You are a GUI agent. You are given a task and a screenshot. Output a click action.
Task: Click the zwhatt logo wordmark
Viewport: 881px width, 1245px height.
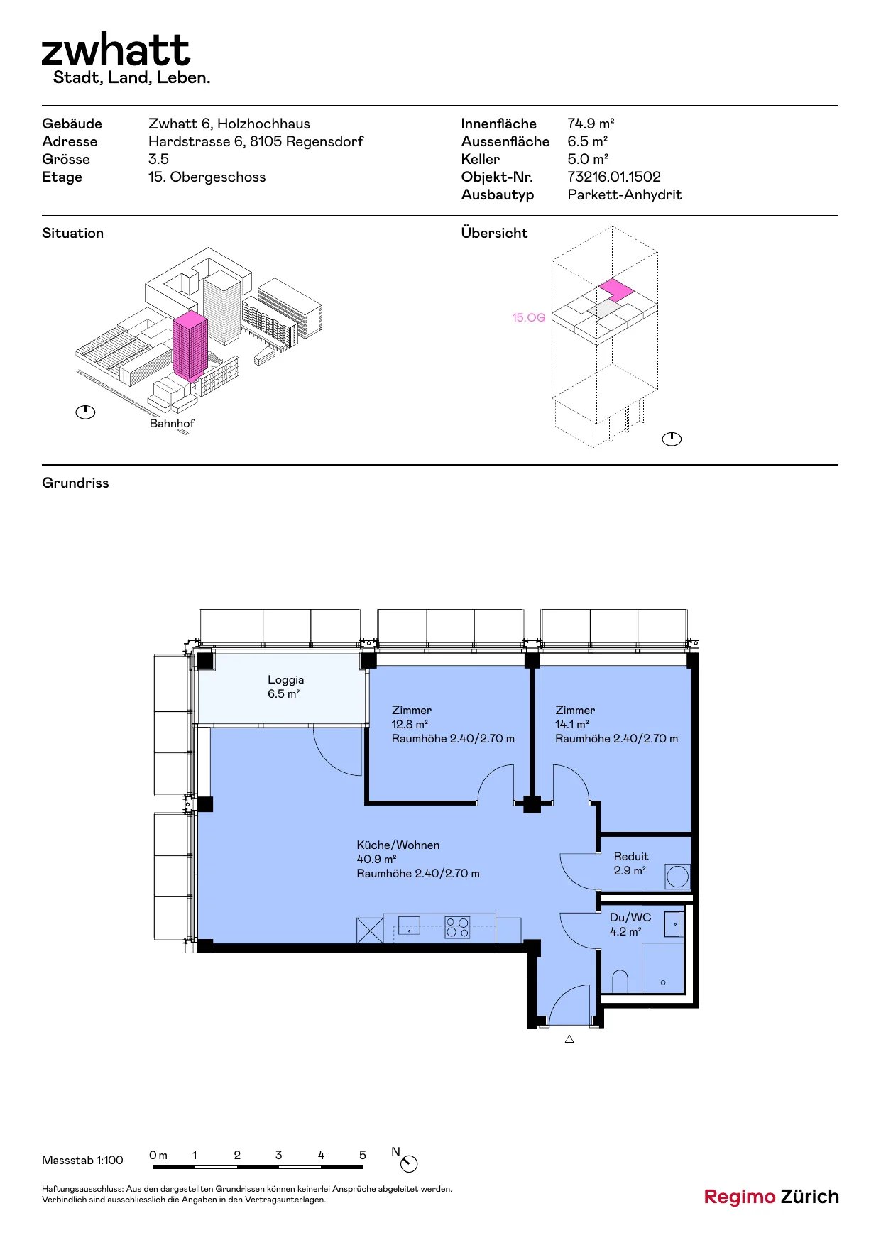[x=116, y=50]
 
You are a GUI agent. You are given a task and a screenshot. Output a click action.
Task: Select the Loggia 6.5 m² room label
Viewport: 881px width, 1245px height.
[x=285, y=686]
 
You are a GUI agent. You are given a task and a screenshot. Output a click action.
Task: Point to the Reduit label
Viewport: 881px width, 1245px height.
[x=631, y=856]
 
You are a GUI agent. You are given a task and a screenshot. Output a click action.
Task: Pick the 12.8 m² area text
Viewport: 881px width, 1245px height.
[x=410, y=724]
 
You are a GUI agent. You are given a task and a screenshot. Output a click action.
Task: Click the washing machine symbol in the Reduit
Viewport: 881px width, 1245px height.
[x=678, y=877]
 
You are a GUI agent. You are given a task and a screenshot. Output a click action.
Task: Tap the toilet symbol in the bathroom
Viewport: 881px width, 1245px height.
[x=620, y=982]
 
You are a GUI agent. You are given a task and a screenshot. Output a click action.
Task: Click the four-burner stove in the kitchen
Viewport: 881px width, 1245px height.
[x=457, y=927]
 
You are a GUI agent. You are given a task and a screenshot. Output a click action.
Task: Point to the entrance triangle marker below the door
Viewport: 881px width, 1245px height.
[x=569, y=1039]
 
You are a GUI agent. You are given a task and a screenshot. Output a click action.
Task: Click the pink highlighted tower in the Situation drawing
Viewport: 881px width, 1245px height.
[x=190, y=346]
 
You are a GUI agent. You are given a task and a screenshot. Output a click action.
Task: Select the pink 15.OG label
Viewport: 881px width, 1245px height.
[x=529, y=317]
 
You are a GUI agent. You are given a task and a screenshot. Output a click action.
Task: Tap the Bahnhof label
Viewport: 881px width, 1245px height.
[x=172, y=423]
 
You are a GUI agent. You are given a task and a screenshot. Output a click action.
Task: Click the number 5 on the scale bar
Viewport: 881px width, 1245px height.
[x=362, y=1155]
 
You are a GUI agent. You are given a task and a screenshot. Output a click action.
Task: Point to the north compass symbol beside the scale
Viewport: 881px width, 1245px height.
[x=409, y=1163]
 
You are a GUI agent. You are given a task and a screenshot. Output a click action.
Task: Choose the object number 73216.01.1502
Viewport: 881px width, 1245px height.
[x=614, y=177]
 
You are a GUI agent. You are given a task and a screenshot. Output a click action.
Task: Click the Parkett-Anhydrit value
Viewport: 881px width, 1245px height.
[x=625, y=194]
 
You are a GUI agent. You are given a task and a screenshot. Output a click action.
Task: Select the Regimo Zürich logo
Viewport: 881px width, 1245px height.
[x=772, y=1197]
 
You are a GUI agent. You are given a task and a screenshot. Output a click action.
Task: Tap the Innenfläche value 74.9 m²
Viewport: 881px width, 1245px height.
[x=591, y=124]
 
